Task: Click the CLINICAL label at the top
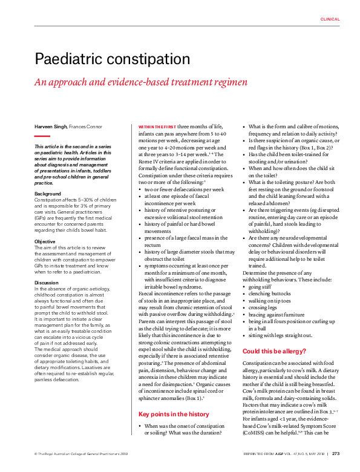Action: tap(330, 19)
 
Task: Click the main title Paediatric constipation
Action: tap(113, 59)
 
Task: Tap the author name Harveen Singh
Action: tap(51, 126)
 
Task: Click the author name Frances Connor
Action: tap(86, 126)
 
